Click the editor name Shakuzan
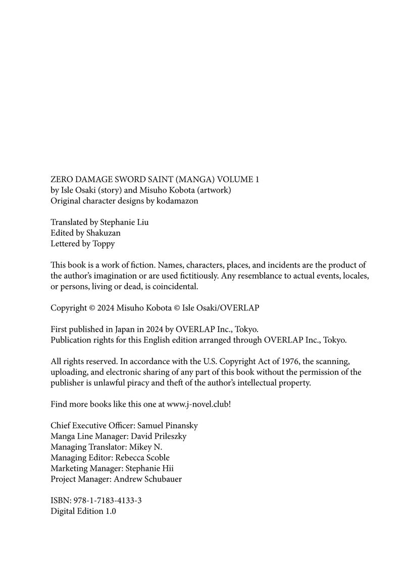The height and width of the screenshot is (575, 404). tap(103, 233)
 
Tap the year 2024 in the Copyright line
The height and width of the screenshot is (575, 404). tap(106, 307)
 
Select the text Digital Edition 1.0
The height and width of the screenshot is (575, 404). tap(83, 511)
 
